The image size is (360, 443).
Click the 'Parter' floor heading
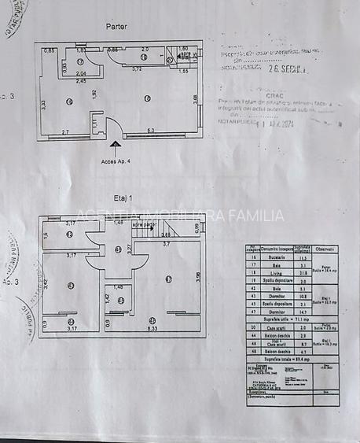coord(116,26)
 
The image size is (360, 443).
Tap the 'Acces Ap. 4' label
coord(116,161)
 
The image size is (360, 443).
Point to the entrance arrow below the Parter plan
coord(116,145)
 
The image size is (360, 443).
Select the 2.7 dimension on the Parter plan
coord(65,131)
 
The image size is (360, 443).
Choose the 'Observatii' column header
coord(325,249)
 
